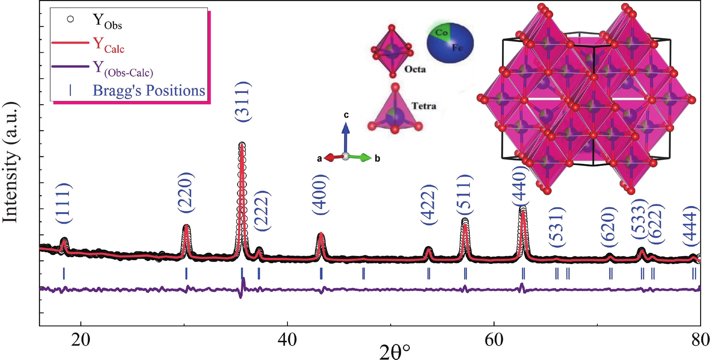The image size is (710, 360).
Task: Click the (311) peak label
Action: [x=242, y=102]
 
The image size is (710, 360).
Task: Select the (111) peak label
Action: [x=64, y=203]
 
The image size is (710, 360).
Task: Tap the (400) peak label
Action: [x=320, y=195]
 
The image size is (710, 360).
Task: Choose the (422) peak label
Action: [x=429, y=205]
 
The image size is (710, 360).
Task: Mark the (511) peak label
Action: [x=465, y=195]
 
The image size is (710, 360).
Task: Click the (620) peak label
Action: [x=609, y=227]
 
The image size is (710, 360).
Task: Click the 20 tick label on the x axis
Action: [x=81, y=340]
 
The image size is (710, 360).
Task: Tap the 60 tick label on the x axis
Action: [x=494, y=340]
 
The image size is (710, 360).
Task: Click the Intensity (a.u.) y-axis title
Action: [x=11, y=162]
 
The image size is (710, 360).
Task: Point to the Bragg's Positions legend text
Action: [x=149, y=90]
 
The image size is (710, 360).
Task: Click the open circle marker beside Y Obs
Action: [x=70, y=19]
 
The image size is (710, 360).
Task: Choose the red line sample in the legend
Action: [x=70, y=43]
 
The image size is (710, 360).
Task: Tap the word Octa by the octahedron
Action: [x=415, y=69]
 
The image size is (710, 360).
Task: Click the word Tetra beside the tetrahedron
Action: [x=424, y=106]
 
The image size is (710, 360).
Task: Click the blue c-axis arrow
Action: [x=346, y=135]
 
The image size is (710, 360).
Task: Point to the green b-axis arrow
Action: [x=362, y=157]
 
